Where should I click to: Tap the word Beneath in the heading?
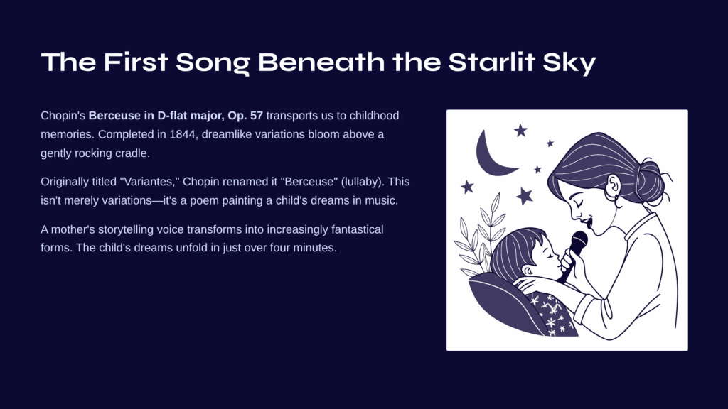point(321,62)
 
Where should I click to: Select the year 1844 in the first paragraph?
point(183,134)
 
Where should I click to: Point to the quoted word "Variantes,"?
point(149,181)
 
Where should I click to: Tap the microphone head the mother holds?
point(579,241)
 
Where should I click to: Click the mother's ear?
point(614,187)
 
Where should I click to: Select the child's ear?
point(528,270)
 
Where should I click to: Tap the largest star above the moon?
point(520,131)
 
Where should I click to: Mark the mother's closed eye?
point(577,203)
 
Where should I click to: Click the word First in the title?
point(136,62)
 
